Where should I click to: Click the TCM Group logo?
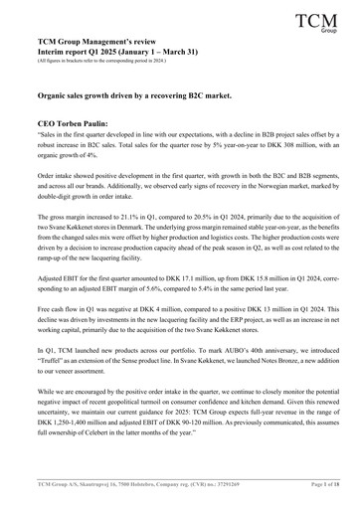pyautogui.click(x=316, y=26)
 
